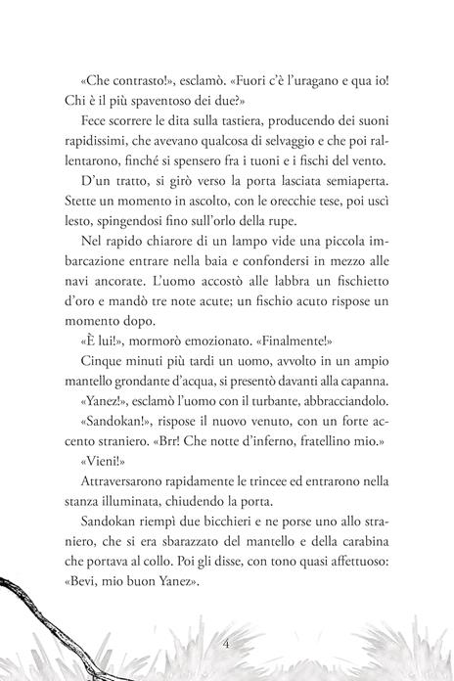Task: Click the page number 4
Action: (x=227, y=644)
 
